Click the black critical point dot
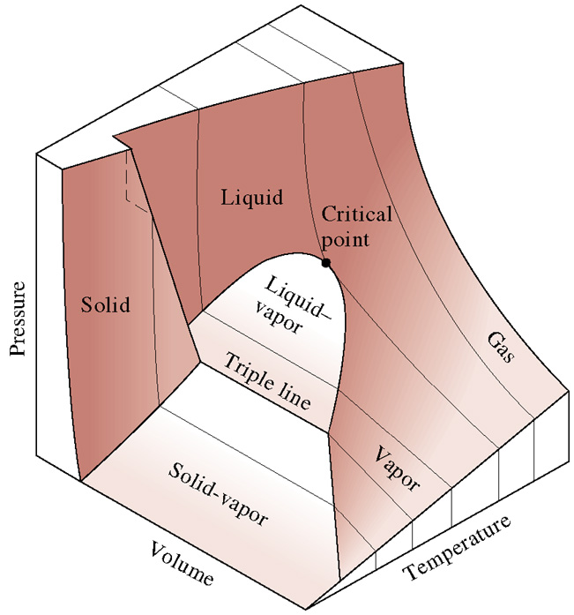(326, 263)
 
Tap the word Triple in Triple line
(250, 370)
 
